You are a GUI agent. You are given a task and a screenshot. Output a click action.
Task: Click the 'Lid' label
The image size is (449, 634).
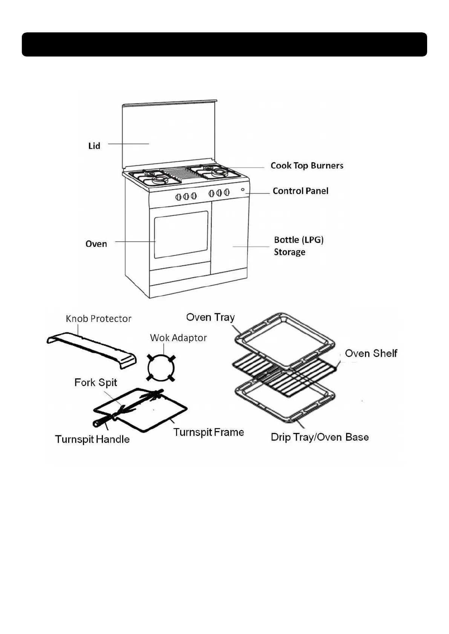94,146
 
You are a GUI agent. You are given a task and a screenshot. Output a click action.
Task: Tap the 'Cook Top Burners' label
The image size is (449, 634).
307,166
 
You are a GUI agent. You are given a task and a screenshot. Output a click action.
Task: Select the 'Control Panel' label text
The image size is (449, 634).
300,191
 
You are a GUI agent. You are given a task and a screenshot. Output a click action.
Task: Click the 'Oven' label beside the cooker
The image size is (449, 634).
96,244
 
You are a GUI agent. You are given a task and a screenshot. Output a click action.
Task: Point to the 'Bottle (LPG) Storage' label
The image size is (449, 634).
299,246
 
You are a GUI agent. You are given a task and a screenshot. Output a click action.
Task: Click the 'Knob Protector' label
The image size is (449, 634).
98,319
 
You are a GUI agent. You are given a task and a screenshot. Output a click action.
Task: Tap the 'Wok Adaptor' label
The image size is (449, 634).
178,338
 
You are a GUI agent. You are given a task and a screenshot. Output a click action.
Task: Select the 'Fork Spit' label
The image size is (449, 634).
96,383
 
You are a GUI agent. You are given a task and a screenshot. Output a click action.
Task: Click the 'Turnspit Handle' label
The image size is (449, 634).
92,439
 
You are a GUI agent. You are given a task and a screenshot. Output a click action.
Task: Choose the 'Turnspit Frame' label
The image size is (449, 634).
208,432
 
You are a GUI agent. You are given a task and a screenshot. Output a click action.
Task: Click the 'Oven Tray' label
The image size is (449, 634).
210,317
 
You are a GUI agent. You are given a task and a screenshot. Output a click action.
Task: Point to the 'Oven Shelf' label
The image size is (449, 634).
371,353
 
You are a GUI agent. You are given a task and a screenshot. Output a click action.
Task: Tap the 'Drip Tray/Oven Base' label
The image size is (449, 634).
320,437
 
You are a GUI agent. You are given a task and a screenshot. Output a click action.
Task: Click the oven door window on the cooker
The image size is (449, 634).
181,234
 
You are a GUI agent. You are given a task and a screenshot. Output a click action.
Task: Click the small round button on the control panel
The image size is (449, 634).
243,190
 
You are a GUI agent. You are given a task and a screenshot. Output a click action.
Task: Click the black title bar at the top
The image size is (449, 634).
224,44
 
